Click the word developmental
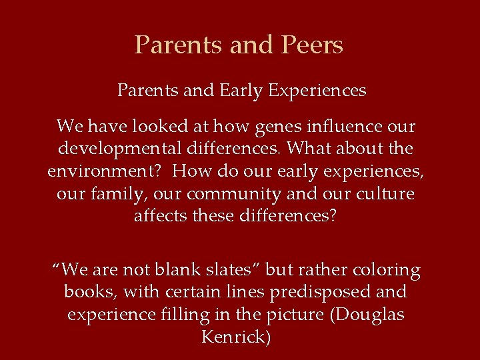point(117,149)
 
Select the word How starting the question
point(189,171)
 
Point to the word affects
point(160,217)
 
